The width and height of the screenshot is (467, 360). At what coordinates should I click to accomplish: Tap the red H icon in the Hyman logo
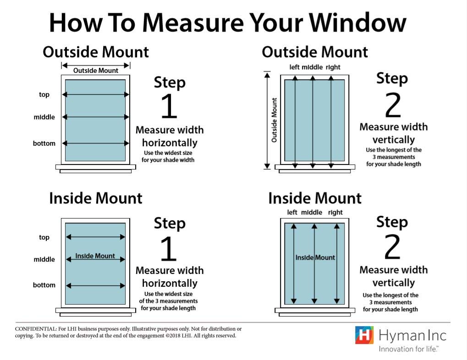(x=364, y=335)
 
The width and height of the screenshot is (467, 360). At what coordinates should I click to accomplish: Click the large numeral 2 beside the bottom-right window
(x=392, y=247)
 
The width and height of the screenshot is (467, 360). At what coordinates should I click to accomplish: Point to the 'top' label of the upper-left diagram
(x=44, y=95)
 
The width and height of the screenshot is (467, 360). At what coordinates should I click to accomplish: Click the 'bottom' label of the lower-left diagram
(x=44, y=285)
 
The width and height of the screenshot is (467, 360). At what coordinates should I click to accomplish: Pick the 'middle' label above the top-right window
(x=313, y=67)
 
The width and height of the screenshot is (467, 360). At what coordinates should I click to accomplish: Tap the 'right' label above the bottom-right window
(x=335, y=213)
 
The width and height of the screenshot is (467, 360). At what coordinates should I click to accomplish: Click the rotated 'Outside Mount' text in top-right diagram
(x=275, y=120)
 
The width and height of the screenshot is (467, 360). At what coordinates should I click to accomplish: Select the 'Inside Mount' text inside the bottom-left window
(x=95, y=256)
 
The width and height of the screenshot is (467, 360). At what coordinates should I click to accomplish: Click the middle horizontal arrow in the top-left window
(x=96, y=117)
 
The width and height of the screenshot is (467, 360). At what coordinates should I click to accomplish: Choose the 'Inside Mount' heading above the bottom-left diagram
(x=96, y=198)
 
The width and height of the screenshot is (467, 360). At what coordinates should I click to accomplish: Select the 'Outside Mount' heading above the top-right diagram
(x=315, y=52)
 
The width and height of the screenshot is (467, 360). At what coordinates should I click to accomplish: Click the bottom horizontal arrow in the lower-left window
(x=96, y=286)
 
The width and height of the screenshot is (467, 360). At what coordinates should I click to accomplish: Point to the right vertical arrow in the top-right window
(x=330, y=120)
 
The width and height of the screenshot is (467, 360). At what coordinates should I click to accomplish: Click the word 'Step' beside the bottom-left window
(x=170, y=224)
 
